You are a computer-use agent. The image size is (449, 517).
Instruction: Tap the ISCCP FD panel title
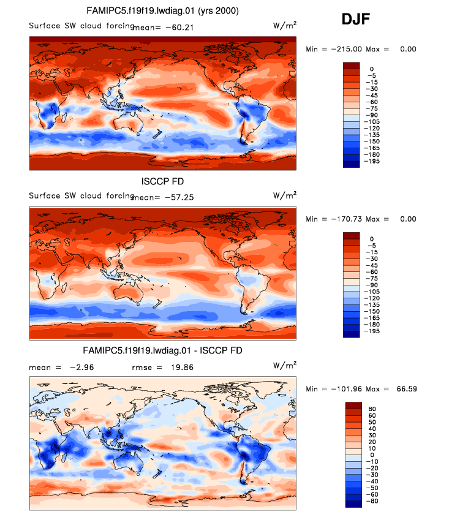[162, 181]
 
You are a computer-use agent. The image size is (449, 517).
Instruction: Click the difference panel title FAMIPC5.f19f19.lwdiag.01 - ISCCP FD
[162, 351]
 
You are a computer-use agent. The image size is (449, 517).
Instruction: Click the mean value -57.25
[178, 197]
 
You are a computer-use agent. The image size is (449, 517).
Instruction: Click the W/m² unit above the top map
[285, 25]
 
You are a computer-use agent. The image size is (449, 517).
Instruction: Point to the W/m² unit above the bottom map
[285, 366]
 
